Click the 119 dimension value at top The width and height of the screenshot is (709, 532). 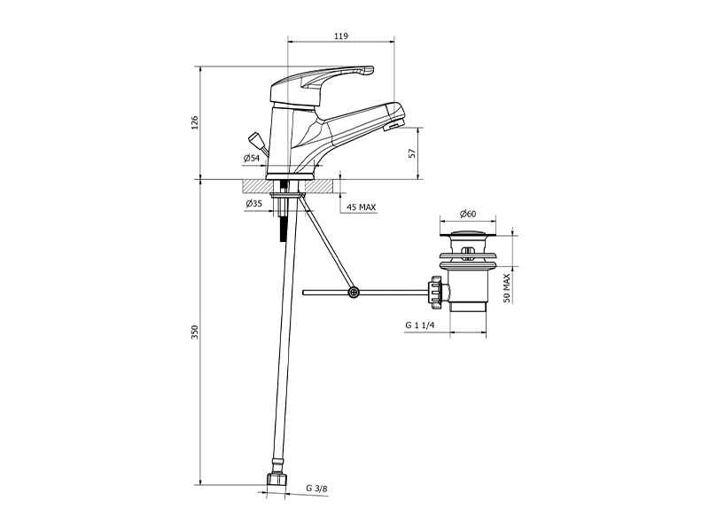(341, 36)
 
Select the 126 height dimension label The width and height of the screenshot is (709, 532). (194, 122)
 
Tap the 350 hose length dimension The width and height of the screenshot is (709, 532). (194, 332)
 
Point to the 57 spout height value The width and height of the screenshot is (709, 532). (412, 153)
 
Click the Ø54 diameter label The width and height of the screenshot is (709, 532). (252, 159)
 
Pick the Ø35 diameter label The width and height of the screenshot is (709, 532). (254, 204)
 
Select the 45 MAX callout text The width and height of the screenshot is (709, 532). (362, 207)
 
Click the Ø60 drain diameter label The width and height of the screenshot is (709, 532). (468, 214)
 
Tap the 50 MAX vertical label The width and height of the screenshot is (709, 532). (506, 287)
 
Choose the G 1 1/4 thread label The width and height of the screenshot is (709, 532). (420, 325)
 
